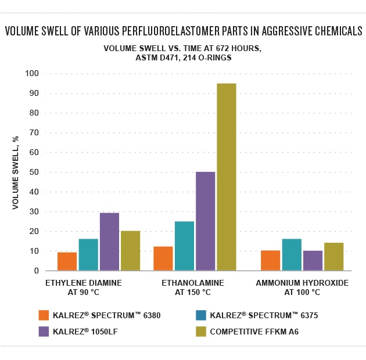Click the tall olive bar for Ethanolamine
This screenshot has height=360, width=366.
coord(226,177)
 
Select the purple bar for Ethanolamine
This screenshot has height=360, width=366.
coord(205,221)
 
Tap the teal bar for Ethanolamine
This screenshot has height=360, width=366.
coord(184,246)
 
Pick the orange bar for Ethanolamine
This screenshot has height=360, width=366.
coord(163,258)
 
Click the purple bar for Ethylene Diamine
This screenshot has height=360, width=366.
coord(109,242)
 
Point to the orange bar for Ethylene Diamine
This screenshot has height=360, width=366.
coord(67,261)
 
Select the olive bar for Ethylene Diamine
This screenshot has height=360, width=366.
coord(130,251)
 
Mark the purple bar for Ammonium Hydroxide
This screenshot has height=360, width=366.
coord(313,261)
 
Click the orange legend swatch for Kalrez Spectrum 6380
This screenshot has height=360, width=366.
coord(43,315)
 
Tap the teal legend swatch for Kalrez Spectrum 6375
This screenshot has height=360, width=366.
coord(202,315)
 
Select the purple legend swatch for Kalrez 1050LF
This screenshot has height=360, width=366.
coord(43,332)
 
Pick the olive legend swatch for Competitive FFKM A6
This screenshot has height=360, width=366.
coord(202,332)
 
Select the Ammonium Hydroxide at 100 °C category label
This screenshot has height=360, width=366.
coord(302,287)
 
